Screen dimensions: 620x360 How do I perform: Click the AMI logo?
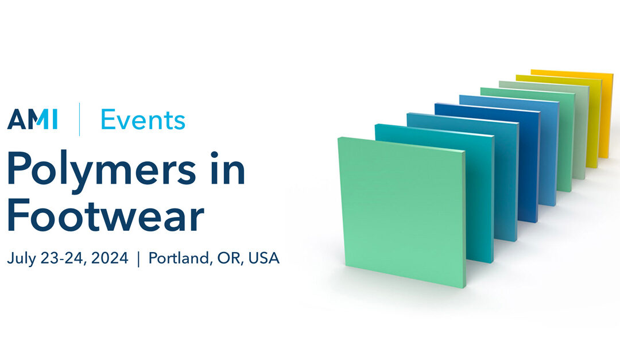pyautogui.click(x=32, y=119)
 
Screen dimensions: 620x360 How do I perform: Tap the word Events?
pyautogui.click(x=143, y=119)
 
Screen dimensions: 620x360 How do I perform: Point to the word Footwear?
pyautogui.click(x=106, y=215)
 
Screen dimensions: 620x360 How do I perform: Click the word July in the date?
pyautogui.click(x=23, y=258)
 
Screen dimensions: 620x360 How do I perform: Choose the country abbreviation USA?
pyautogui.click(x=264, y=258)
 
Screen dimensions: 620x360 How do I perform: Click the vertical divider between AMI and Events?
pyautogui.click(x=79, y=119)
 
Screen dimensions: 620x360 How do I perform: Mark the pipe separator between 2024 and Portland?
pyautogui.click(x=138, y=259)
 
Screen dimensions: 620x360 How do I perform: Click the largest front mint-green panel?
pyautogui.click(x=402, y=210)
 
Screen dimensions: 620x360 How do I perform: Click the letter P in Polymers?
pyautogui.click(x=20, y=168)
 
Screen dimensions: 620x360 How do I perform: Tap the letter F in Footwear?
pyautogui.click(x=18, y=215)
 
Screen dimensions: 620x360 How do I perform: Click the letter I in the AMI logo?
pyautogui.click(x=55, y=119)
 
